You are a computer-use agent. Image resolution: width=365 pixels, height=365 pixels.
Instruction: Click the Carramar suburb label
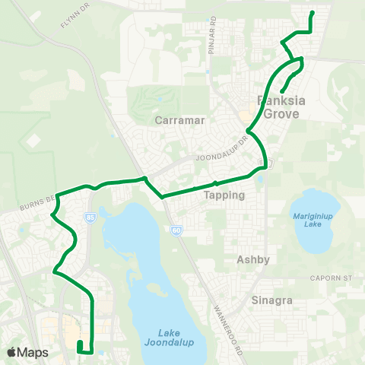(176, 119)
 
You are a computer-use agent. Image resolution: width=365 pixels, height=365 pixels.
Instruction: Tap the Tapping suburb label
(224, 195)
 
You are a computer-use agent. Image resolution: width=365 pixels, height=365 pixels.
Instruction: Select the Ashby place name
(253, 259)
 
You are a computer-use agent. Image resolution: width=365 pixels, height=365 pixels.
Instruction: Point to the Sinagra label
(272, 300)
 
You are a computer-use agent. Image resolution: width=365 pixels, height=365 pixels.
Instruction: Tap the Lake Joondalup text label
(168, 337)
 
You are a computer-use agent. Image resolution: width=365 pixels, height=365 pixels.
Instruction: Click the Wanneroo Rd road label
(227, 322)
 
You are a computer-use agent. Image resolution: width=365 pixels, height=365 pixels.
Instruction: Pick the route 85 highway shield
(91, 217)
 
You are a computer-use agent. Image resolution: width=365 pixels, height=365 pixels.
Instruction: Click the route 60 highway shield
(176, 228)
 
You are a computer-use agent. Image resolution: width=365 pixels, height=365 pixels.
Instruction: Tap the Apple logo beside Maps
(12, 352)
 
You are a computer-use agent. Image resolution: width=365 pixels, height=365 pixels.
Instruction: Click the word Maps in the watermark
(35, 352)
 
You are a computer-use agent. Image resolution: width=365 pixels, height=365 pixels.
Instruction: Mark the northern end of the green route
(313, 13)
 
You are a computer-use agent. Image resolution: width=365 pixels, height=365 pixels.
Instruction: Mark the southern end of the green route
(79, 344)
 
